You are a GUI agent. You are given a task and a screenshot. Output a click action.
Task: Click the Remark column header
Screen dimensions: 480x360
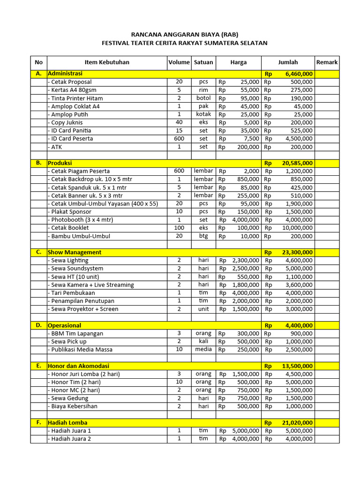pos(327,62)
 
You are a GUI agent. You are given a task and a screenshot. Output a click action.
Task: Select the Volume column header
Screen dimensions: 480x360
pos(179,62)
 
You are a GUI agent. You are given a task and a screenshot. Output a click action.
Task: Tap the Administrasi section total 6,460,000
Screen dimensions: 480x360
pos(299,74)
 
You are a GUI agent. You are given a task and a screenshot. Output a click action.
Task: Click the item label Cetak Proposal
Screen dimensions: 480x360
pos(71,82)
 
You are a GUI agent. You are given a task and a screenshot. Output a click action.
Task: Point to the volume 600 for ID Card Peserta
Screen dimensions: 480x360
pos(179,139)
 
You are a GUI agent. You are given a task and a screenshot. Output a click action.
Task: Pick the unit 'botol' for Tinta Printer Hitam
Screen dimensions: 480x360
pos(203,98)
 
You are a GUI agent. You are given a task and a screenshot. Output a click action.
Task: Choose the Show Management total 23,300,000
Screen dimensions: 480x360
pos(297,252)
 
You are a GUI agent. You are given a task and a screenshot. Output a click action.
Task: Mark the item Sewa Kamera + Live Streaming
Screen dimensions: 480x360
pos(92,285)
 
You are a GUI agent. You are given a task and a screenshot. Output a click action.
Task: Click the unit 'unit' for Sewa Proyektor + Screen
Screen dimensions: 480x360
pos(203,309)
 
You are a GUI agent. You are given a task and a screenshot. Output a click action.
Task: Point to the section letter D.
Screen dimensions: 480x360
pos(38,325)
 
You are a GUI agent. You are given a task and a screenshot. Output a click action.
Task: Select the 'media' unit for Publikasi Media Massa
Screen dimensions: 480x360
pos(203,350)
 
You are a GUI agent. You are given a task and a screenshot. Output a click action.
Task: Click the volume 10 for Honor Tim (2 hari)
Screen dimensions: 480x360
pos(179,382)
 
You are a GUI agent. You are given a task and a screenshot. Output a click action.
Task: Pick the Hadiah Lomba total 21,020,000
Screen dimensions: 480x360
pos(297,423)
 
